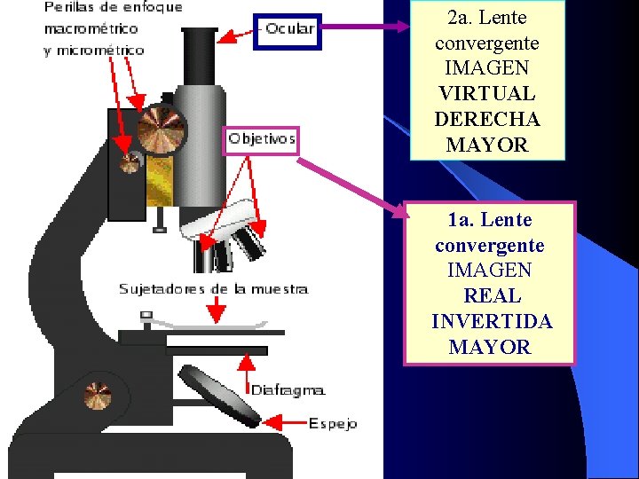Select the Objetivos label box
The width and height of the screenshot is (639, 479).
pos(261,139)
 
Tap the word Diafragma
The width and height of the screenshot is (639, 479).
pos(288,389)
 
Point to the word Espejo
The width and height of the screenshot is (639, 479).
pos(333,424)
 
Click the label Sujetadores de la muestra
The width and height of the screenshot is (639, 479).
pos(214,289)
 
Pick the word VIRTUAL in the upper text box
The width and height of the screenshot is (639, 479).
pos(486,93)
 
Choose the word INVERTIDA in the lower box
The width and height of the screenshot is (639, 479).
pos(492,321)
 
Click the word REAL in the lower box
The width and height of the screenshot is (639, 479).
pos(490,295)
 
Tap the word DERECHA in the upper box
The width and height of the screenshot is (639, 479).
pos(486,119)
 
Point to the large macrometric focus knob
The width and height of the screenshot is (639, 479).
pos(162,129)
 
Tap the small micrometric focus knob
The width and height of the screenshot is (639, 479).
pos(130,162)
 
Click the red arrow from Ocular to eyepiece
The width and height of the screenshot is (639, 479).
pos(237,36)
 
